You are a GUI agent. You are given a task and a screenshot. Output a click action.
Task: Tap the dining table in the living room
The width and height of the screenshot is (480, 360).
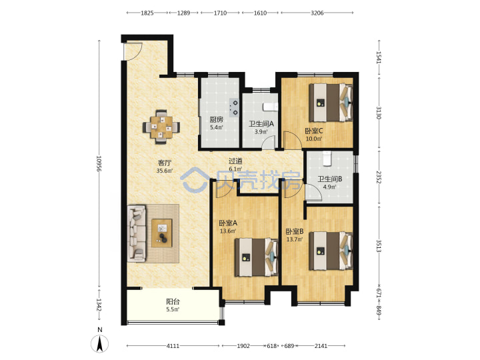[x=161, y=127]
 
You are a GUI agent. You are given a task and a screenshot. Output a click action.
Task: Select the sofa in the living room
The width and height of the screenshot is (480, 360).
[x=137, y=233]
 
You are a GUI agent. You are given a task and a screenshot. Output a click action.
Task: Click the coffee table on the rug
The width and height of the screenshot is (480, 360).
[x=161, y=233]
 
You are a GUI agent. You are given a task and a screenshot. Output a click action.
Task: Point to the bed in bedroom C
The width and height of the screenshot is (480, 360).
[x=331, y=103]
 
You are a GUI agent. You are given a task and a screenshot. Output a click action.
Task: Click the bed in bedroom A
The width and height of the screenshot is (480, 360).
[x=257, y=257]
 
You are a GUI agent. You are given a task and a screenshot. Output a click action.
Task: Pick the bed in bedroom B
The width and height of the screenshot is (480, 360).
[x=331, y=251]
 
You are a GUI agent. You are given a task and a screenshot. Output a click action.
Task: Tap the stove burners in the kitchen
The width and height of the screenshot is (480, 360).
[x=234, y=108]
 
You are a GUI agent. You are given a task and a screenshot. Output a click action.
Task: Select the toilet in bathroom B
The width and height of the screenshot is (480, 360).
[x=327, y=158]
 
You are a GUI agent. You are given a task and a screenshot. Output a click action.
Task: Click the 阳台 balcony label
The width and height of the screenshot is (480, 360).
[x=173, y=302]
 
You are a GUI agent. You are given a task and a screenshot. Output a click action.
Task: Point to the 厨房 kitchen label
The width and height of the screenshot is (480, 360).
[x=216, y=120]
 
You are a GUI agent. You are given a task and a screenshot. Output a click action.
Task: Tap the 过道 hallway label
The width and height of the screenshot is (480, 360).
[x=235, y=161]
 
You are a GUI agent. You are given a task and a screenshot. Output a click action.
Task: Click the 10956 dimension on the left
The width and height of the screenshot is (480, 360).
[x=99, y=164]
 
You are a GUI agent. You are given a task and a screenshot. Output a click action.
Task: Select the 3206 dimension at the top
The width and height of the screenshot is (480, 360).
[x=317, y=13]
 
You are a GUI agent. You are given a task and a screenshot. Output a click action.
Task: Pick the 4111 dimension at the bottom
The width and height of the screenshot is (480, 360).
[x=173, y=346]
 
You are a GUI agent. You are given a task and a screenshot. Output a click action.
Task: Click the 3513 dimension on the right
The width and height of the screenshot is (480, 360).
[x=379, y=246]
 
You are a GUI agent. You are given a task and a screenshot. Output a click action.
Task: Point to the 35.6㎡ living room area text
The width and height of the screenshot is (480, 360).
[x=165, y=171]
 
